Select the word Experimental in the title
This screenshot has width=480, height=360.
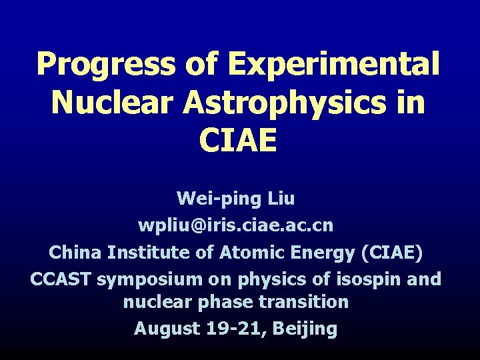[x=333, y=65]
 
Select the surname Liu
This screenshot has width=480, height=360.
[x=279, y=198]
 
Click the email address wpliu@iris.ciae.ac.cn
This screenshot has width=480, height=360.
[x=235, y=226]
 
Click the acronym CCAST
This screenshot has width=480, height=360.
[x=61, y=279]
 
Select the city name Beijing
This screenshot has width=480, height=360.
[x=304, y=329]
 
